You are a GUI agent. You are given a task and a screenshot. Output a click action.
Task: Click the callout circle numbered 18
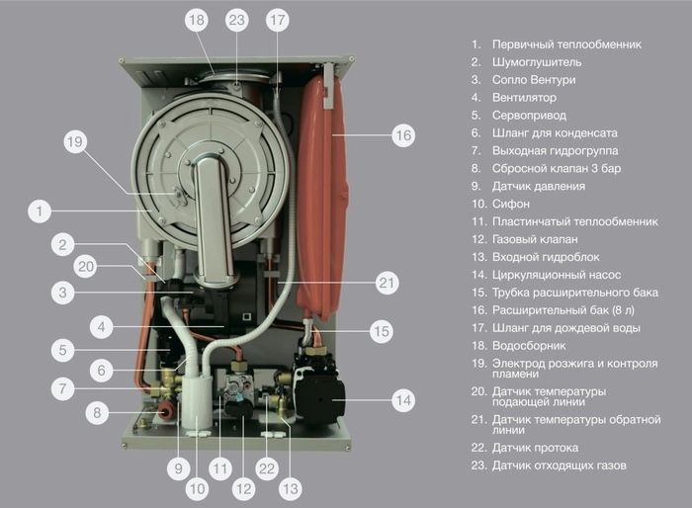pos(196,19)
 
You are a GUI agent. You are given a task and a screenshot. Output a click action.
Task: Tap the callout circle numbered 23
pos(236,19)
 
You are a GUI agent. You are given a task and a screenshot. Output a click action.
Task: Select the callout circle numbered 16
pos(402,133)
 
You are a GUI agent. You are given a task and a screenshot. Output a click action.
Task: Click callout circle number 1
pos(40,211)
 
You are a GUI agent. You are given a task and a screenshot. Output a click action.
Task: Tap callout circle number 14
pos(402,400)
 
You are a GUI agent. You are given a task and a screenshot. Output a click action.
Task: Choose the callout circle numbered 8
pos(96,413)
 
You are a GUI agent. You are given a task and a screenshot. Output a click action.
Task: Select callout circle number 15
pos(381,331)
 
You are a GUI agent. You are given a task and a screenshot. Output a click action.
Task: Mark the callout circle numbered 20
pos(86,265)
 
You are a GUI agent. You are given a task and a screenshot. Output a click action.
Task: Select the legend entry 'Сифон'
pos(509,204)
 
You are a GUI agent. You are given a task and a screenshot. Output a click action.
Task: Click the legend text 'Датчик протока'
pos(535,448)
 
